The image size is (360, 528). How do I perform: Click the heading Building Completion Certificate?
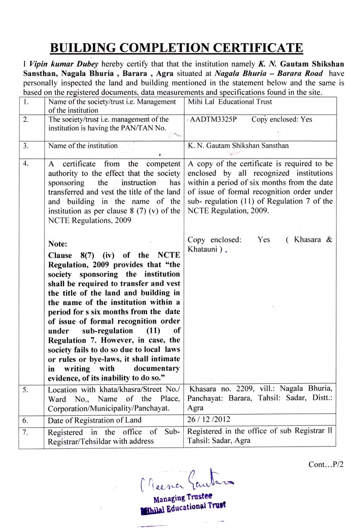[x=180, y=48]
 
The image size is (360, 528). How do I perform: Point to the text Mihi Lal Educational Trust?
[x=230, y=102]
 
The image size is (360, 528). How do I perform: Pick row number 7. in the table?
[x=26, y=432]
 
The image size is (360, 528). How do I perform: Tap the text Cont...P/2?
[x=326, y=464]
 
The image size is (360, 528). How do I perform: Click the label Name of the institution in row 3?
[x=83, y=145]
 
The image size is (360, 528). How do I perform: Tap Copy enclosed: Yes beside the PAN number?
[x=282, y=120]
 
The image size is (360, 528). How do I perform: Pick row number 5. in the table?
[x=26, y=390]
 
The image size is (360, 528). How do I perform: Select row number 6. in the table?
[x=26, y=420]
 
